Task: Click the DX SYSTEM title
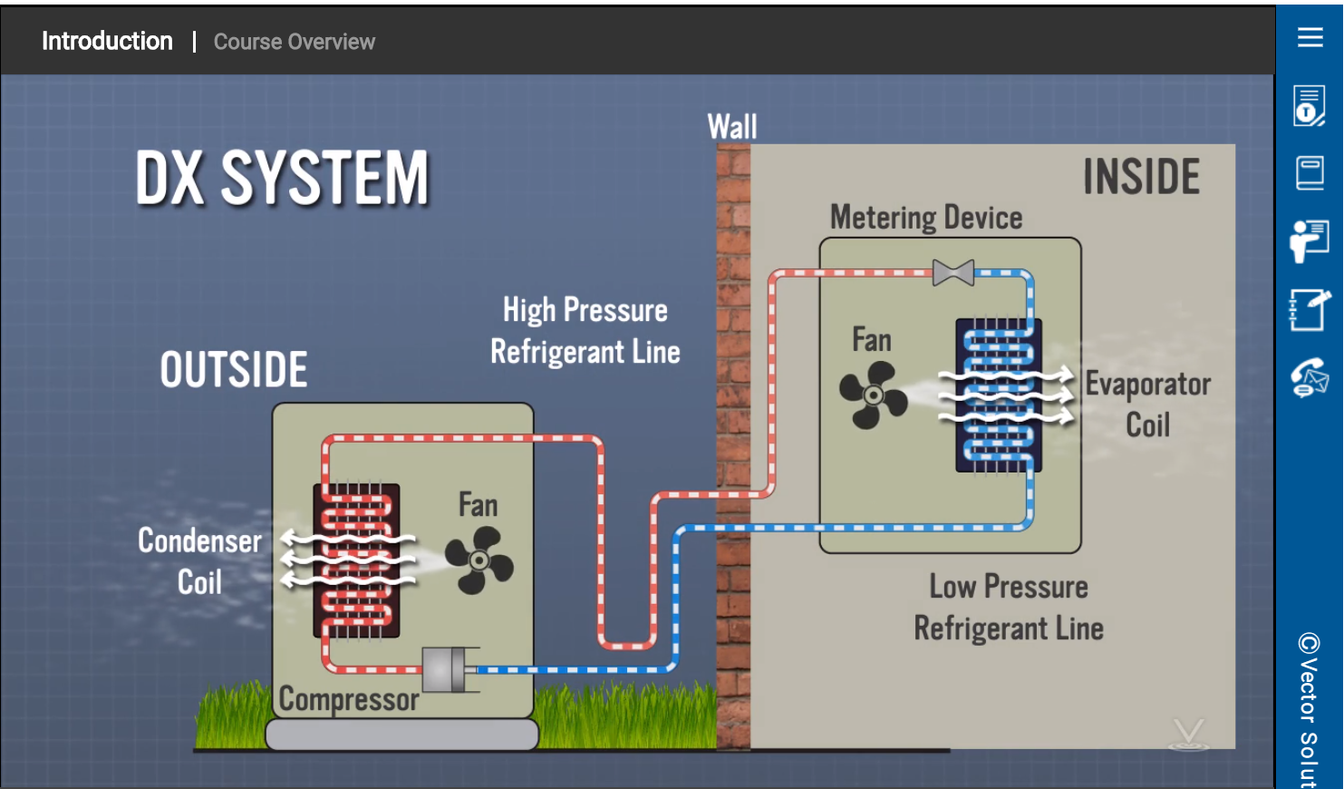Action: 282,178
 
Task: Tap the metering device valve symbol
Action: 953,272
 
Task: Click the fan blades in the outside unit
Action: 479,560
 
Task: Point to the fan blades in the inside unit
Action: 873,395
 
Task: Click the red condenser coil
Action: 357,560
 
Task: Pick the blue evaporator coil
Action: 999,395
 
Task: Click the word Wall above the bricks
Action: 732,127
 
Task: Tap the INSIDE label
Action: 1141,177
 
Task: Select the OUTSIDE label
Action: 234,370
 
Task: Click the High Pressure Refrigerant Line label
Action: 585,331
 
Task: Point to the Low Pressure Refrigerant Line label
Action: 1009,608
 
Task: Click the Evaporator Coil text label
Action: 1147,404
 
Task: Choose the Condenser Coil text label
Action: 199,560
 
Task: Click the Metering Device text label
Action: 926,218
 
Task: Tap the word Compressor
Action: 349,699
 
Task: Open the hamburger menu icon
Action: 1310,37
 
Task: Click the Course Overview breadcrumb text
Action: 295,42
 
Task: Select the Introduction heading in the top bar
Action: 107,41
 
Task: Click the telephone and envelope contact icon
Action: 1310,377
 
